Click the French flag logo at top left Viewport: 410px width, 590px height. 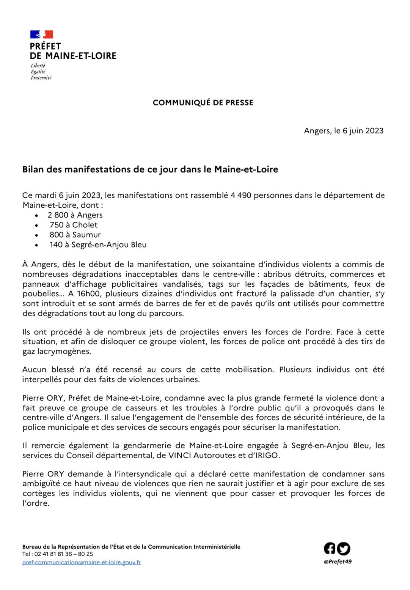41,35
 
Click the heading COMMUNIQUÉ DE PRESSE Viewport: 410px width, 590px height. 203,103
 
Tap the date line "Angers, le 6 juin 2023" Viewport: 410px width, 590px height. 344,131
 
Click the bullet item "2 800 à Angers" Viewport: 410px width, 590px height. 75,215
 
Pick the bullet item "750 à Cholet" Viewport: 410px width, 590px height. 73,225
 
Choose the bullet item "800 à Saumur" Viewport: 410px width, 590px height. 75,235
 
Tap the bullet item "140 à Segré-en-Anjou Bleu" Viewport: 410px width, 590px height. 97,245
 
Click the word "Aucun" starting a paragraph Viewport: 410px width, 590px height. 35,369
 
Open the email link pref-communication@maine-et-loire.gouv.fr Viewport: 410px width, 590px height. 82,562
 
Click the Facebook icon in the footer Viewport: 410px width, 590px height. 330,548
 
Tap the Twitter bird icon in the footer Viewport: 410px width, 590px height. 343,549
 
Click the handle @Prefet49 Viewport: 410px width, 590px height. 338,562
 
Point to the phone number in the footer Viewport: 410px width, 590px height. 57,554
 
